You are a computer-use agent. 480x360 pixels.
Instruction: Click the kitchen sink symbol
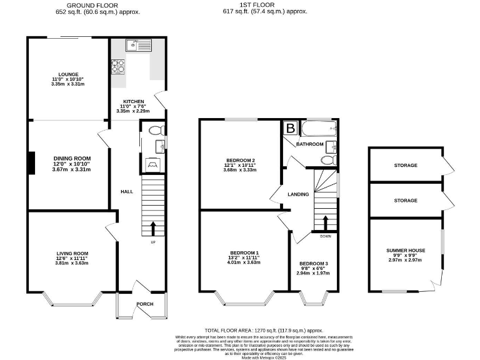click(x=138, y=46)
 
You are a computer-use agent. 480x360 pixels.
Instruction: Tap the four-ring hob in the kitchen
click(x=117, y=67)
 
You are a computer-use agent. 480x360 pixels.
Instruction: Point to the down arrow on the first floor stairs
click(x=325, y=222)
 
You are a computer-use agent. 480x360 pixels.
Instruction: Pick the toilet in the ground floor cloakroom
click(x=158, y=131)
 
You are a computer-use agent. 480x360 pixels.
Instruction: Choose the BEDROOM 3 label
click(x=314, y=264)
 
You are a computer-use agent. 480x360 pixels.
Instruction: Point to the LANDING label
click(x=298, y=194)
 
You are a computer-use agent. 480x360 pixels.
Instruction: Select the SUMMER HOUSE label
click(x=406, y=250)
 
